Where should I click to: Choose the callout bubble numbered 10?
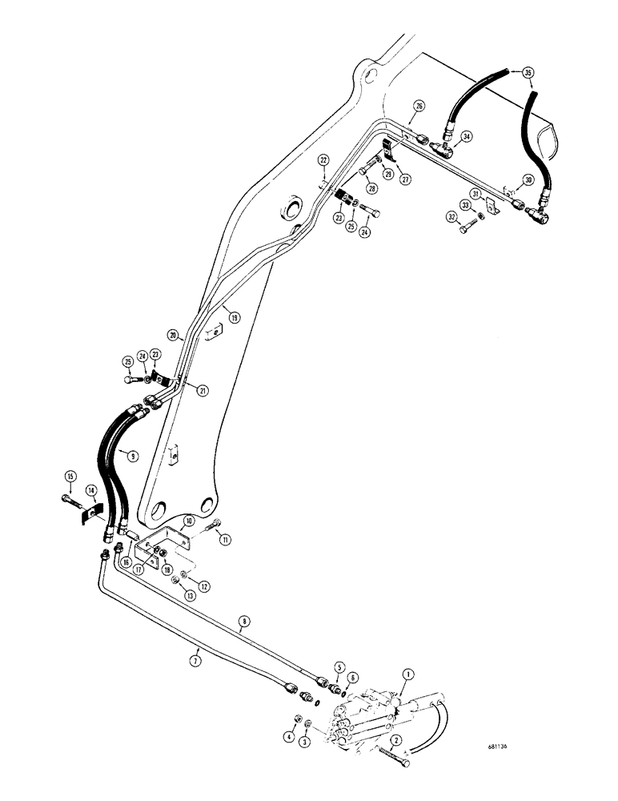187,521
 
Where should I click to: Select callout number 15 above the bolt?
70,478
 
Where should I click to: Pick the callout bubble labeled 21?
202,390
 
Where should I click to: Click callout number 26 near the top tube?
420,107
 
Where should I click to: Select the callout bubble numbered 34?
468,137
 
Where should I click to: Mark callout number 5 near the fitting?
339,666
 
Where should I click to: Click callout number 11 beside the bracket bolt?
225,541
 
